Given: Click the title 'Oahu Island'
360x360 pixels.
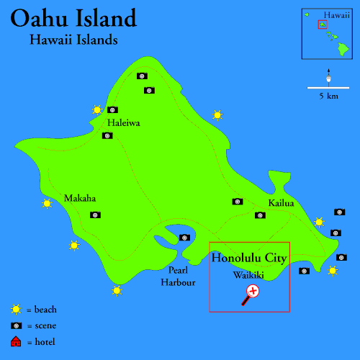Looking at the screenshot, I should point(73,18).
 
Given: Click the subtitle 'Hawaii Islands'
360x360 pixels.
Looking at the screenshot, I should point(73,40).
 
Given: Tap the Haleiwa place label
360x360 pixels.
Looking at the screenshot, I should point(124,123).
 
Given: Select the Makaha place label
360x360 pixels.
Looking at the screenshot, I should point(80,199).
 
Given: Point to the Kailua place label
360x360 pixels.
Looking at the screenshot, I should point(281,203).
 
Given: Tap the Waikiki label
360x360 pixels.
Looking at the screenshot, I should point(249,275).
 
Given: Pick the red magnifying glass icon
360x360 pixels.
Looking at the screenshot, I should point(251,293).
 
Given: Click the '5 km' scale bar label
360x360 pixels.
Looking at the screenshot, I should point(328,96).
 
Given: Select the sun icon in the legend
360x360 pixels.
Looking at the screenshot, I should point(16,310).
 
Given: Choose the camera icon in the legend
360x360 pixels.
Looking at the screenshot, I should point(16,326).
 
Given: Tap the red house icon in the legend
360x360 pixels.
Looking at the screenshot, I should point(16,342).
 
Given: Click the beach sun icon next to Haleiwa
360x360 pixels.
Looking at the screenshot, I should point(97,109).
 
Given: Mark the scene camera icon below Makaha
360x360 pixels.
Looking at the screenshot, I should point(95,215).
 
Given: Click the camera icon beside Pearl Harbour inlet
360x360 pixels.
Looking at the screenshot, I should point(184,237).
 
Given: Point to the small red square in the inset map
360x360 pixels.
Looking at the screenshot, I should point(323,24).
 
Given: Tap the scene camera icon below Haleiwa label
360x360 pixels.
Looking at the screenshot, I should point(107,135).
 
